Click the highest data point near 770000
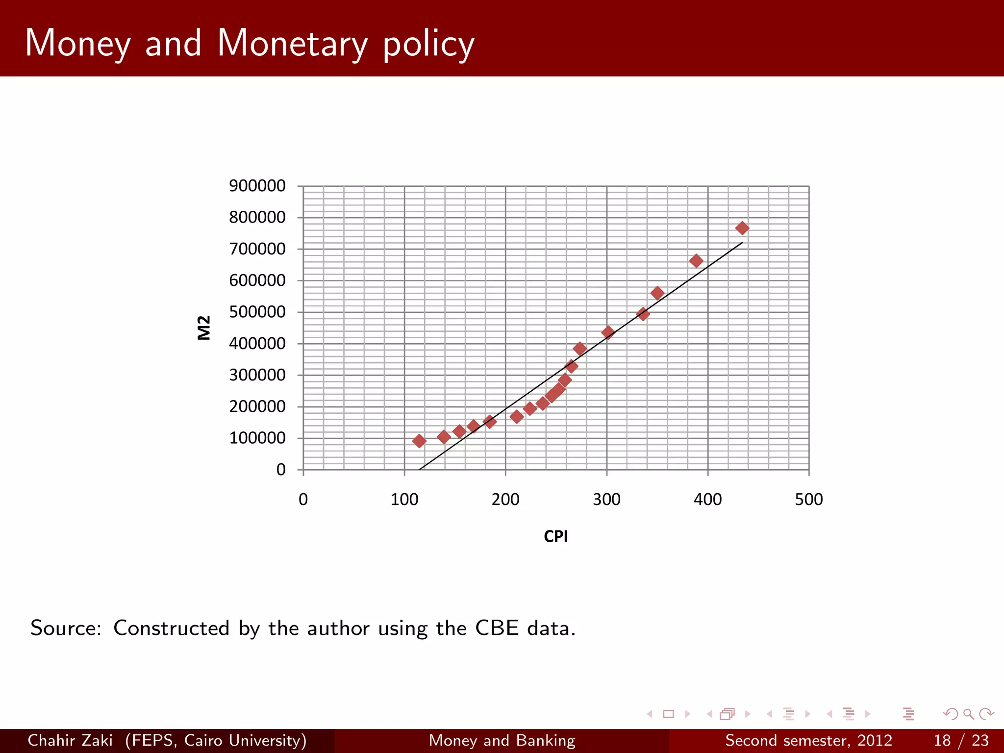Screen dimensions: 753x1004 click(742, 228)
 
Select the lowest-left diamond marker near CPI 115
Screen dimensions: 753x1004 click(419, 441)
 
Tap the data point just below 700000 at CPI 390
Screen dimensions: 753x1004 click(696, 261)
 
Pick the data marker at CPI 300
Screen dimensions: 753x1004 click(608, 332)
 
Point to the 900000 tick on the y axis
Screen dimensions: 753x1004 click(257, 186)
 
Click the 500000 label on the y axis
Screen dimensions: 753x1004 click(257, 312)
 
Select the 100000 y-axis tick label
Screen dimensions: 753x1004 click(257, 438)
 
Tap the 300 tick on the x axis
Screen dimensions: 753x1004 click(606, 500)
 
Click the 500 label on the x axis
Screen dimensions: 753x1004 click(808, 500)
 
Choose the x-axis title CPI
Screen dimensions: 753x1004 click(555, 536)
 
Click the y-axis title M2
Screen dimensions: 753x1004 click(204, 327)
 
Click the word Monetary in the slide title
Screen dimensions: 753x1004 click(292, 43)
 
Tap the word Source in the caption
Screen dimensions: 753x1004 click(66, 628)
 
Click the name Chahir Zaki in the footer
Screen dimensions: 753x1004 click(70, 740)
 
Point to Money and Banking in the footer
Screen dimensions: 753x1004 click(502, 740)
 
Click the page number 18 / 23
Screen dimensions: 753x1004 click(961, 740)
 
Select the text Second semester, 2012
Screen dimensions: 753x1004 click(808, 740)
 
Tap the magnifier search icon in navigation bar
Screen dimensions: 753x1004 click(968, 714)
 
